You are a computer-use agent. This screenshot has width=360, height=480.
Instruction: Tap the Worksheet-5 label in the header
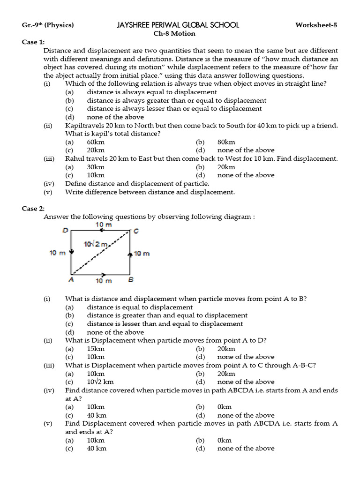pyautogui.click(x=316, y=25)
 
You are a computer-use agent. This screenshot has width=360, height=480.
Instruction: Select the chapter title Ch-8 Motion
pyautogui.click(x=174, y=33)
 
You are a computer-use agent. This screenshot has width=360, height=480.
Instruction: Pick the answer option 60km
pyautogui.click(x=96, y=142)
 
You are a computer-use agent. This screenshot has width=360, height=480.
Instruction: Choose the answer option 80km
pyautogui.click(x=226, y=142)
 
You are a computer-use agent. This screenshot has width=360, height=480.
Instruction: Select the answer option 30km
pyautogui.click(x=96, y=167)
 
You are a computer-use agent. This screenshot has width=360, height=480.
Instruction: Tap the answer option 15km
pyautogui.click(x=96, y=349)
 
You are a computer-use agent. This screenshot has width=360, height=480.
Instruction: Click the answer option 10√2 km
pyautogui.click(x=100, y=382)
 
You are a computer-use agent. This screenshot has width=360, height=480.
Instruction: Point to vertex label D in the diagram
pyautogui.click(x=66, y=231)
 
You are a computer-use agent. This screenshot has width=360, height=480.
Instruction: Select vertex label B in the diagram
pyautogui.click(x=131, y=280)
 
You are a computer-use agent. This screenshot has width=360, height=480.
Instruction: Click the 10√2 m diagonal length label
pyautogui.click(x=96, y=244)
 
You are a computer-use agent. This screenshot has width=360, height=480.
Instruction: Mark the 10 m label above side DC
pyautogui.click(x=104, y=225)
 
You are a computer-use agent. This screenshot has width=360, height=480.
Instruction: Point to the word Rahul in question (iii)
pyautogui.click(x=75, y=158)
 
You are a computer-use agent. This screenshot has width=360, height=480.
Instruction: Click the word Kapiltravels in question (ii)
pyautogui.click(x=84, y=126)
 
